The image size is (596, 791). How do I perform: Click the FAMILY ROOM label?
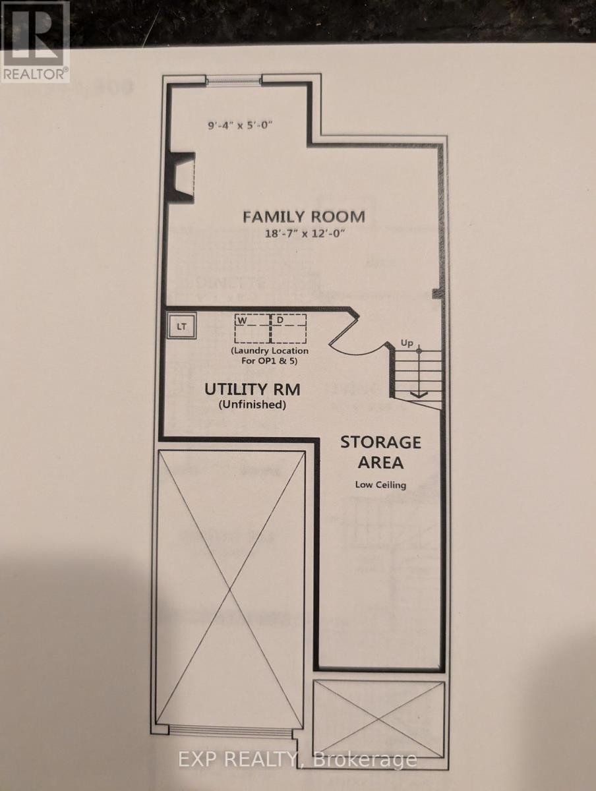303,216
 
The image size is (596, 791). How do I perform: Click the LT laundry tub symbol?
181,326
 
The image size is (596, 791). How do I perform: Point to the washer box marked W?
251,328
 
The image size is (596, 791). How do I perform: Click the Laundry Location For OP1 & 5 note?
269,355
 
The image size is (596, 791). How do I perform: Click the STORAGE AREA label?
380,452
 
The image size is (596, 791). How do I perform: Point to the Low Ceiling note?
380,485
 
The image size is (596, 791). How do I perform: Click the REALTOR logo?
35,42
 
